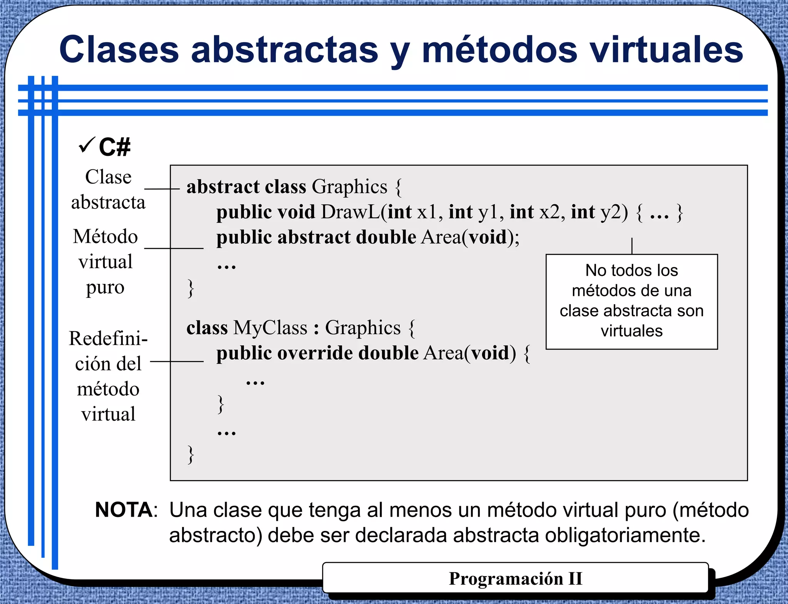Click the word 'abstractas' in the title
pyautogui.click(x=285, y=50)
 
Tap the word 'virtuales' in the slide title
pyautogui.click(x=666, y=50)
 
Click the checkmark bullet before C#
pyautogui.click(x=86, y=146)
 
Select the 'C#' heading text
pyautogui.click(x=115, y=147)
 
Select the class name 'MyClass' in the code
pyautogui.click(x=270, y=328)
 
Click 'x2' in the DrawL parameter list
pyautogui.click(x=549, y=212)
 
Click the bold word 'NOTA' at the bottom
pyautogui.click(x=124, y=510)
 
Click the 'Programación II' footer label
pyautogui.click(x=515, y=579)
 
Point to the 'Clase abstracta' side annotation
pyautogui.click(x=108, y=189)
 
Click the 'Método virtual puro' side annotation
pyautogui.click(x=105, y=262)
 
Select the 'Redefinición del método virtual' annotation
pyautogui.click(x=108, y=376)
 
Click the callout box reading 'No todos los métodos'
pyautogui.click(x=631, y=301)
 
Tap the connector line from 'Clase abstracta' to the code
pyautogui.click(x=162, y=189)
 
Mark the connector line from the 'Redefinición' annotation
pyautogui.click(x=177, y=362)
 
